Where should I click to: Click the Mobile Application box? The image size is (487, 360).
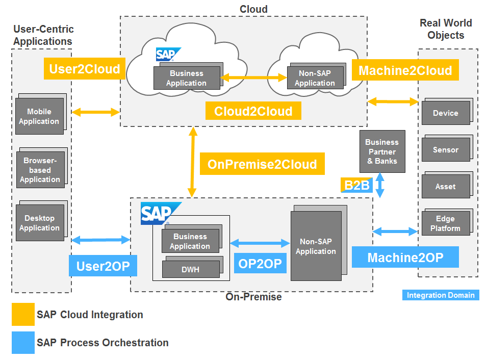pyautogui.click(x=39, y=116)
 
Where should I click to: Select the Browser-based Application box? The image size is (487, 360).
pyautogui.click(x=40, y=170)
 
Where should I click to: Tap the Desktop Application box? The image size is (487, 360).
pyautogui.click(x=40, y=223)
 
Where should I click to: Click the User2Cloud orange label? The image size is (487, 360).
pyautogui.click(x=84, y=69)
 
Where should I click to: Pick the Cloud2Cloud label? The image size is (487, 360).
pyautogui.click(x=253, y=111)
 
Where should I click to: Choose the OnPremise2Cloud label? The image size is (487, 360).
pyautogui.click(x=262, y=164)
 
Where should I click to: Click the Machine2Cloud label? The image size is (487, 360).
pyautogui.click(x=405, y=70)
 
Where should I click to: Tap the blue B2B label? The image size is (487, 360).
pyautogui.click(x=356, y=185)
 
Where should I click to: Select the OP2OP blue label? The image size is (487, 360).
pyautogui.click(x=260, y=263)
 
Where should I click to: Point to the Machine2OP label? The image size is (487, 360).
pyautogui.click(x=405, y=258)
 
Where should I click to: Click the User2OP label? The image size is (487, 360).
pyautogui.click(x=102, y=266)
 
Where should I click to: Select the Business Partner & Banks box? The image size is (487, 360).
pyautogui.click(x=382, y=151)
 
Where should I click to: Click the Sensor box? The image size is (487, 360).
pyautogui.click(x=445, y=150)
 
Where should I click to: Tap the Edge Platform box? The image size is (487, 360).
pyautogui.click(x=445, y=223)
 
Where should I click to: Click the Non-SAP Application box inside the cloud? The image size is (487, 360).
pyautogui.click(x=315, y=78)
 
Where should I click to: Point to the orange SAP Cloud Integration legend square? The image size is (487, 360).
pyautogui.click(x=23, y=315)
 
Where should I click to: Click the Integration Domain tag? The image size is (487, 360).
pyautogui.click(x=441, y=295)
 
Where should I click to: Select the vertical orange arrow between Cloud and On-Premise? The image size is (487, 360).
pyautogui.click(x=193, y=162)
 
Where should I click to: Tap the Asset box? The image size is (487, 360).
pyautogui.click(x=445, y=187)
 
